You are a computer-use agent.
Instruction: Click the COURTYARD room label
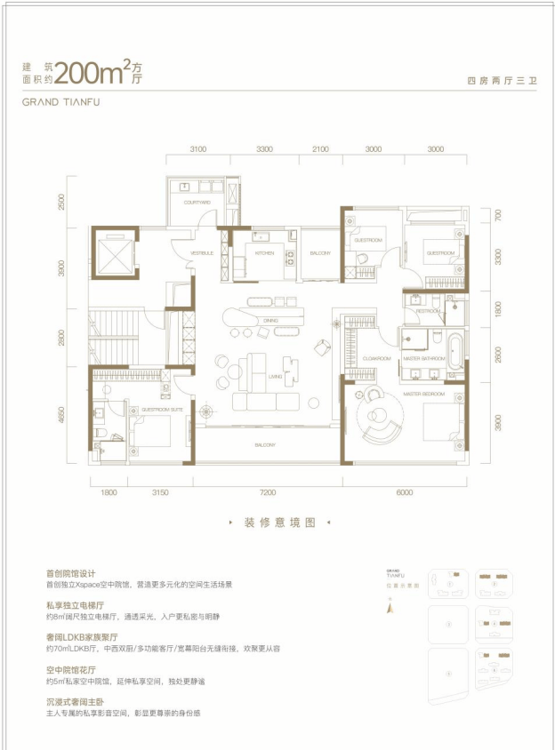(197, 203)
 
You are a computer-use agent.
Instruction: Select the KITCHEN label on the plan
(264, 253)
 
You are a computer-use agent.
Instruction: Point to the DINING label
(271, 319)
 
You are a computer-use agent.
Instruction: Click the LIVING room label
(275, 377)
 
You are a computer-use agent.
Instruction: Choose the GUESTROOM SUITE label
(164, 409)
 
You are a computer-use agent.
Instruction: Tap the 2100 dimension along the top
(320, 149)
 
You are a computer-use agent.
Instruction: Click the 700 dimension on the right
(499, 214)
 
